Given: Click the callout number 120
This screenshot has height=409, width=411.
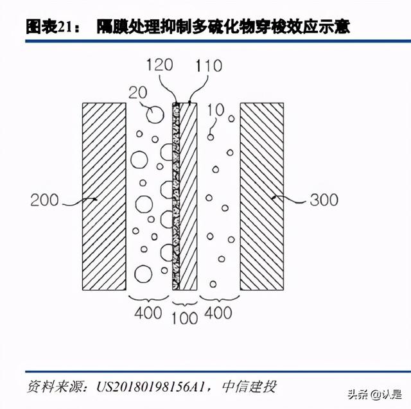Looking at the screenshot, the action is tap(160, 65).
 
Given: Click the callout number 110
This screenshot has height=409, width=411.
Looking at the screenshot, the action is tap(209, 65).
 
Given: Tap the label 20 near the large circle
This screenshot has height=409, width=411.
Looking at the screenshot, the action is tap(138, 92).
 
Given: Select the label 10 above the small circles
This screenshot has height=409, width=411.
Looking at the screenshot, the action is tap(216, 110).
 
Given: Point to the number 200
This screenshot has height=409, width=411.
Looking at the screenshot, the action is tap(44, 200).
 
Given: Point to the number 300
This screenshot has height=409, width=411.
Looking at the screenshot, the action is tap(324, 200).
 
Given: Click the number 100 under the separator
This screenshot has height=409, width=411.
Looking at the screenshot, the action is tap(184, 318).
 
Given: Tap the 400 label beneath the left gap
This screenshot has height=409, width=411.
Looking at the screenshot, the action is tap(148, 313).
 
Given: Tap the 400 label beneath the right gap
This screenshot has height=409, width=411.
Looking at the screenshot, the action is tap(218, 313).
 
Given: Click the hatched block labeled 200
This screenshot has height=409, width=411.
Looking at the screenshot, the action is tap(104, 196).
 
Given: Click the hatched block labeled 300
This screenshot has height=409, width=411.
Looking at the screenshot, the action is tap(262, 196).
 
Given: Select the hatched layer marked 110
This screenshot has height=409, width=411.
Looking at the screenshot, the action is tap(188, 196).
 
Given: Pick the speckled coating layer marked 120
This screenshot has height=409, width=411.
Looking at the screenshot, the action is tap(176, 196).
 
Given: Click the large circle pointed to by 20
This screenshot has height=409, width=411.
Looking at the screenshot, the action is tap(155, 114).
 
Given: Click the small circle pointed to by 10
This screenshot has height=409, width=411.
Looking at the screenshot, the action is tap(211, 137).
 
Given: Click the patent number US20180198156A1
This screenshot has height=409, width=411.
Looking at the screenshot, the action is tap(150, 387).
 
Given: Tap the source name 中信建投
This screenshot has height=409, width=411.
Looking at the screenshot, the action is tap(249, 387).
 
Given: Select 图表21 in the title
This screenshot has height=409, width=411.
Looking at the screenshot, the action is tap(49, 27).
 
